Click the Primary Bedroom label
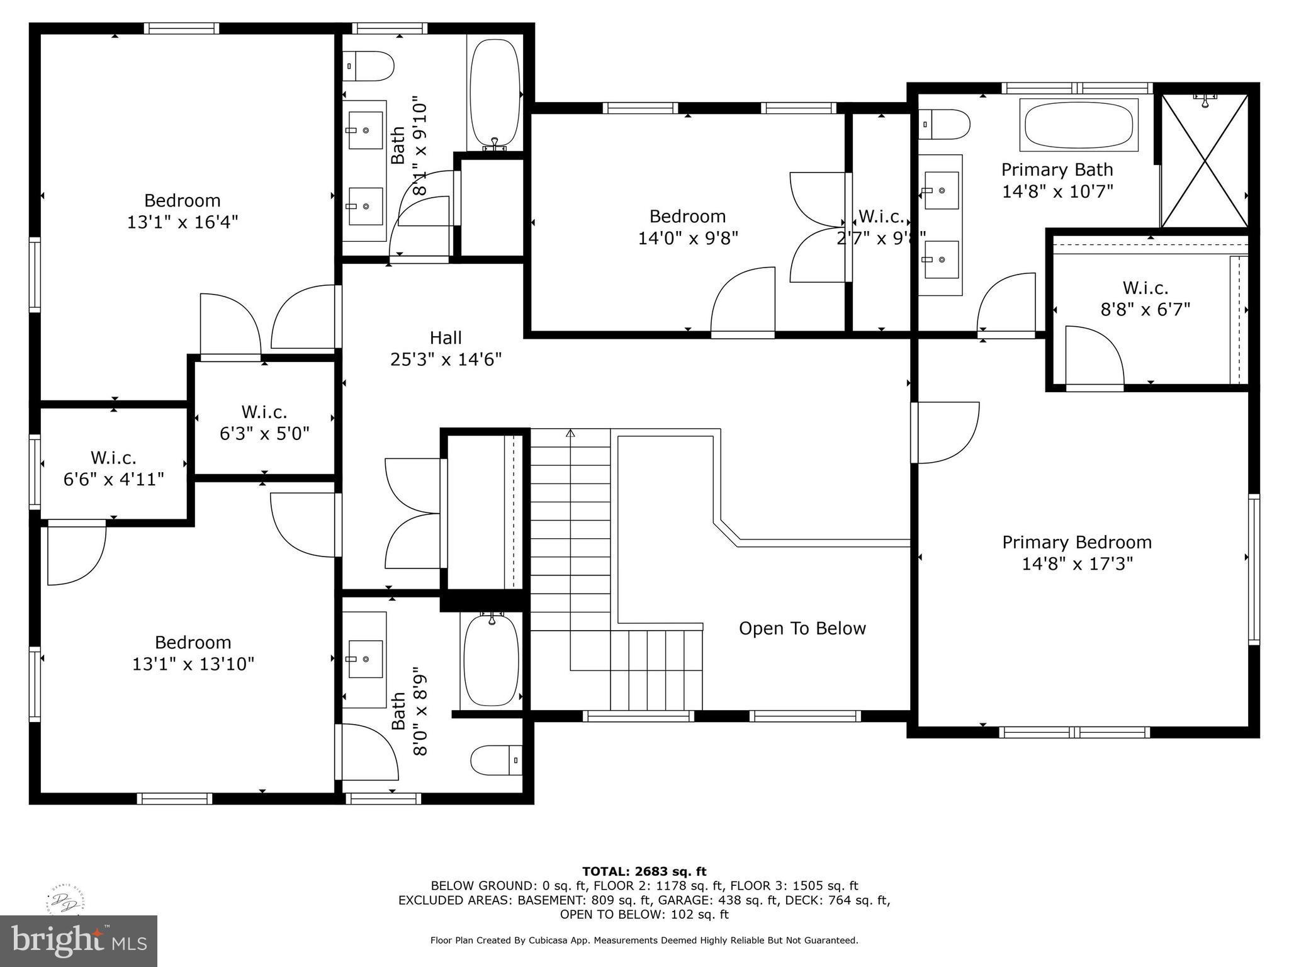[1076, 542]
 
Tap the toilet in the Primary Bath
[944, 125]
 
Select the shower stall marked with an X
[1204, 161]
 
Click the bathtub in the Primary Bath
[1080, 125]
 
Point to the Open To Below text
[802, 628]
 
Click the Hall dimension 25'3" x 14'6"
[446, 359]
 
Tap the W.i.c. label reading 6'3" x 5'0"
[264, 434]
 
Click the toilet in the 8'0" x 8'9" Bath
[497, 760]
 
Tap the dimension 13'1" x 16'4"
[183, 222]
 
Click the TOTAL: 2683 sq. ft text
[644, 871]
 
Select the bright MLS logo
[79, 941]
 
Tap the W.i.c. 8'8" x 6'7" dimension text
[1145, 310]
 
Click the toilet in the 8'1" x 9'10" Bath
[369, 66]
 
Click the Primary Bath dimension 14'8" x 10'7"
[1057, 191]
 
